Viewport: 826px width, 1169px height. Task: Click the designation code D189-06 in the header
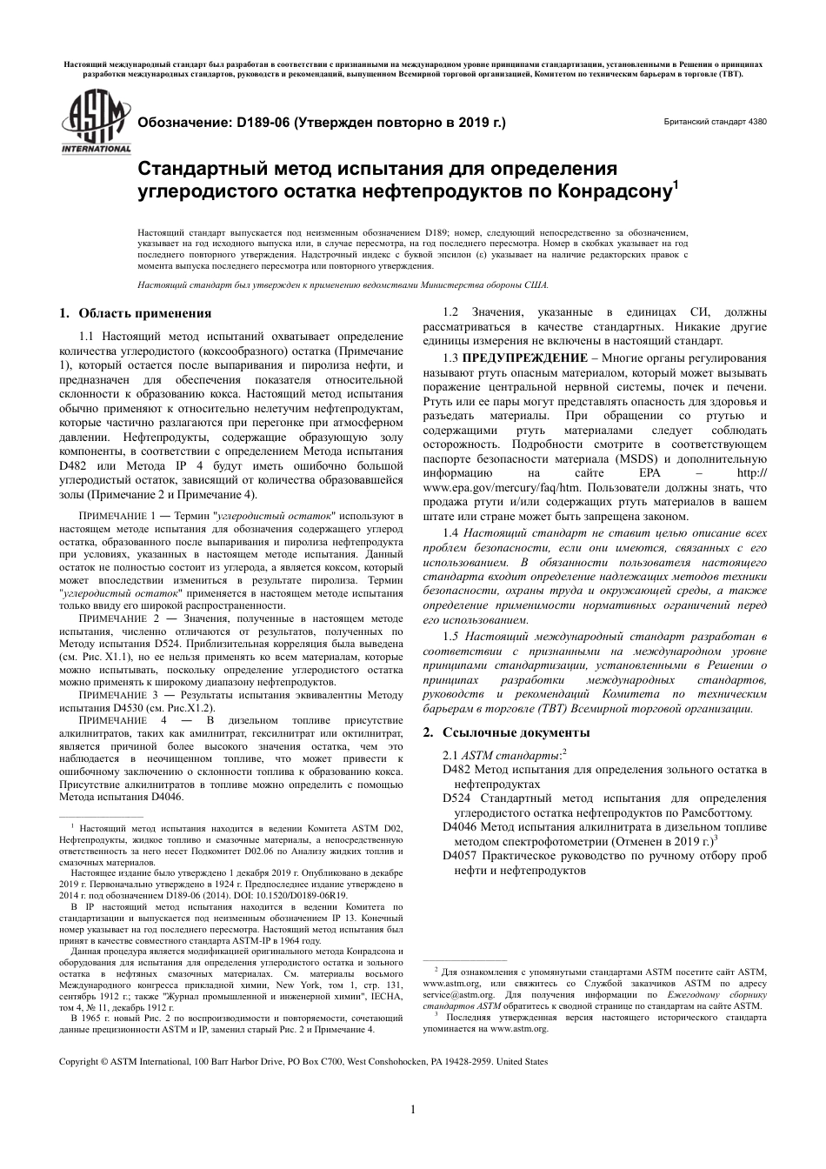pos(264,124)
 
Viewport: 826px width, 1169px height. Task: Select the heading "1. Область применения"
pos(135,313)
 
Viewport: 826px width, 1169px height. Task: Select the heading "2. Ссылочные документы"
pos(506,731)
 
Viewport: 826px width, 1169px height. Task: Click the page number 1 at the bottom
pos(413,1108)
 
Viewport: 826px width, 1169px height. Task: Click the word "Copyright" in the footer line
pos(78,1061)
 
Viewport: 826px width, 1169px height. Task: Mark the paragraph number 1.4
pos(450,532)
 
